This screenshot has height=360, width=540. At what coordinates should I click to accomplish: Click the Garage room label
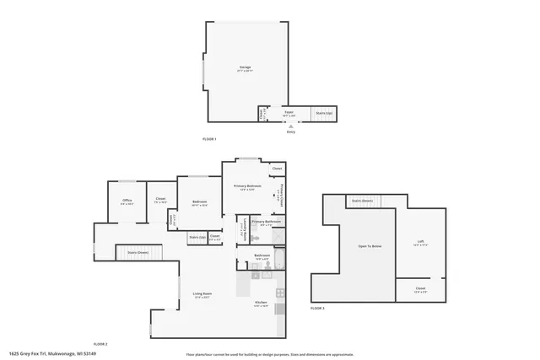click(245, 68)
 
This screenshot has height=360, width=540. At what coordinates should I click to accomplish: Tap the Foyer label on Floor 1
click(289, 113)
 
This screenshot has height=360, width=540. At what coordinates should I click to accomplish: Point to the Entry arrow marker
click(291, 126)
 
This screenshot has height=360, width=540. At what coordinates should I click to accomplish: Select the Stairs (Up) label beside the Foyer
click(324, 113)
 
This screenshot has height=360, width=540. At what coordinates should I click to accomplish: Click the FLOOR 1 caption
click(209, 138)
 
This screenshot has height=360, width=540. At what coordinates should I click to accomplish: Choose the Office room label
click(127, 202)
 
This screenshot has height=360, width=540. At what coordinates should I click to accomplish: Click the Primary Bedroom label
click(247, 187)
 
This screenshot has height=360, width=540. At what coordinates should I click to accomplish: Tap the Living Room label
click(202, 295)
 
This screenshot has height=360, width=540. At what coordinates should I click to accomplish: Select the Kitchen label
click(262, 304)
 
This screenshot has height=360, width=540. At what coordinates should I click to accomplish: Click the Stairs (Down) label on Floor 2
click(138, 252)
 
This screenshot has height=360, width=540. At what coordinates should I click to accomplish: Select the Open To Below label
click(370, 246)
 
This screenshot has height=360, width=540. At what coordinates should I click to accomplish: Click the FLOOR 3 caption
click(317, 309)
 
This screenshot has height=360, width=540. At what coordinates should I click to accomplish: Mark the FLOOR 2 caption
click(100, 344)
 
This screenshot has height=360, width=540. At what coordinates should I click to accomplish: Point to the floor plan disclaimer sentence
click(271, 354)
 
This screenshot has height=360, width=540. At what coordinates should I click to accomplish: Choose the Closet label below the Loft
click(420, 289)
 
